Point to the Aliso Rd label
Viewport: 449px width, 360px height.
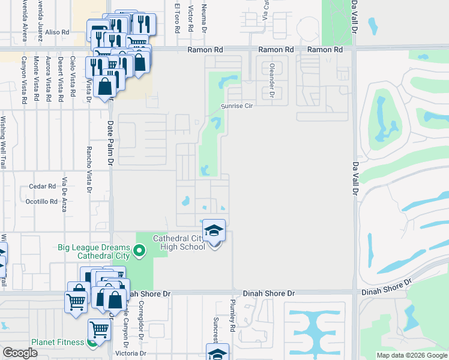point(58,32)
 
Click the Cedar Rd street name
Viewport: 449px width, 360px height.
point(42,187)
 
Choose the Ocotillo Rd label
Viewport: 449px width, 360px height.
point(41,202)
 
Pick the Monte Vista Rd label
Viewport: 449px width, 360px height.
point(36,78)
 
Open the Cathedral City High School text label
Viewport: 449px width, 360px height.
point(179,242)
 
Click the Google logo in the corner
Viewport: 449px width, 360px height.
point(20,353)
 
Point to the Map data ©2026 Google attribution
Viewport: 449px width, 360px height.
point(412,355)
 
